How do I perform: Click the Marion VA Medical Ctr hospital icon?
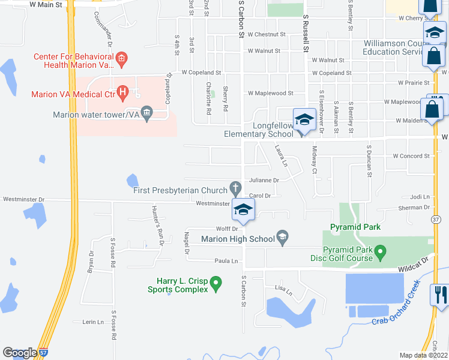pos(123,92)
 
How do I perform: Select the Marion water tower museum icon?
pos(148,115)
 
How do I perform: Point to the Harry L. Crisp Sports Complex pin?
pos(218,281)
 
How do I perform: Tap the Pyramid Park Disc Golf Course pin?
pos(380,251)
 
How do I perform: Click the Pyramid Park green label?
pos(355,227)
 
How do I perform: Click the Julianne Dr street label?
pos(264,180)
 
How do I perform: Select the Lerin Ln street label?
pos(92,322)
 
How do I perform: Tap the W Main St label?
pos(46,5)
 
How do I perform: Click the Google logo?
pos(20,353)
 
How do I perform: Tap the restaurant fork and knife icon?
pos(439,295)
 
